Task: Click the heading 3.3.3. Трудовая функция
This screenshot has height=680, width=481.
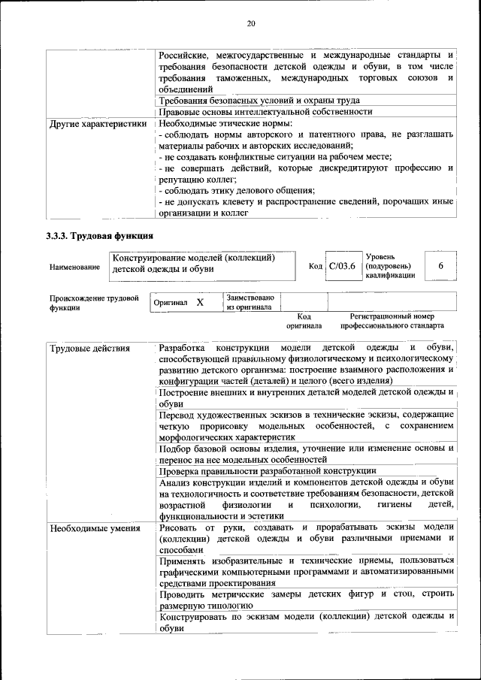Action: click(x=95, y=236)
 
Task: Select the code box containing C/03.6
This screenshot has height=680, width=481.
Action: click(x=341, y=266)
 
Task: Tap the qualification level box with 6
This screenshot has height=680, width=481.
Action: click(x=440, y=266)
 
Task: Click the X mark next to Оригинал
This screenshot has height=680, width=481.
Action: click(x=200, y=302)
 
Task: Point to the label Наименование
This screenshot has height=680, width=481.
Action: click(x=74, y=267)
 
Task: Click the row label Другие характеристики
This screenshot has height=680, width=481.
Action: click(x=98, y=123)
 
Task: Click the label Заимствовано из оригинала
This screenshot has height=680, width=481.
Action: click(x=250, y=301)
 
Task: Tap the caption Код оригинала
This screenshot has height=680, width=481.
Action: click(x=304, y=322)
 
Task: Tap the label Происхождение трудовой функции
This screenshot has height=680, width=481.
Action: click(x=94, y=302)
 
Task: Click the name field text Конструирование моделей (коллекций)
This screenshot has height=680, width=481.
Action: click(x=192, y=258)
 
